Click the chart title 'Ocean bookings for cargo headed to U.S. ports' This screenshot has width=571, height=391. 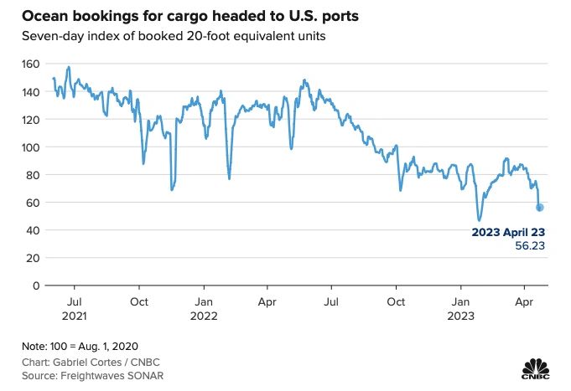[x=184, y=16]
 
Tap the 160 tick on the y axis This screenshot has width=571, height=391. [x=31, y=64]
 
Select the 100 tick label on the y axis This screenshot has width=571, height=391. [x=31, y=147]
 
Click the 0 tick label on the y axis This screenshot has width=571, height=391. [x=36, y=286]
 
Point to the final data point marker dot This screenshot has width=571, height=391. [x=540, y=207]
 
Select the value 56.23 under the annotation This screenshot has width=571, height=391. [x=527, y=248]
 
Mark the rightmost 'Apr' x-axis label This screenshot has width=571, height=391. [x=525, y=301]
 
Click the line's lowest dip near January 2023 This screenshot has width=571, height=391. [x=480, y=219]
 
